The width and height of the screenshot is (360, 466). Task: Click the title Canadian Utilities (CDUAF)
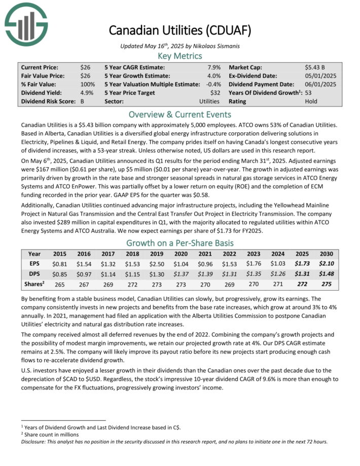click(x=179, y=30)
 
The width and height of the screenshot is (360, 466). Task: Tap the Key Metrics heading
click(x=179, y=56)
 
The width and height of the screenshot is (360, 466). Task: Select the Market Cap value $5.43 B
click(x=315, y=67)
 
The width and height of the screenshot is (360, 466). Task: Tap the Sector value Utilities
click(x=209, y=101)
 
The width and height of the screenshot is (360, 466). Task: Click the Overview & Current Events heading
click(x=179, y=114)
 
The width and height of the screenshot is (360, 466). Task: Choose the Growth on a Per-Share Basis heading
click(x=179, y=242)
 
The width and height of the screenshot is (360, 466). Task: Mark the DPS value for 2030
click(x=327, y=274)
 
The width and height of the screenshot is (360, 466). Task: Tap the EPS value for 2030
click(x=327, y=264)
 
